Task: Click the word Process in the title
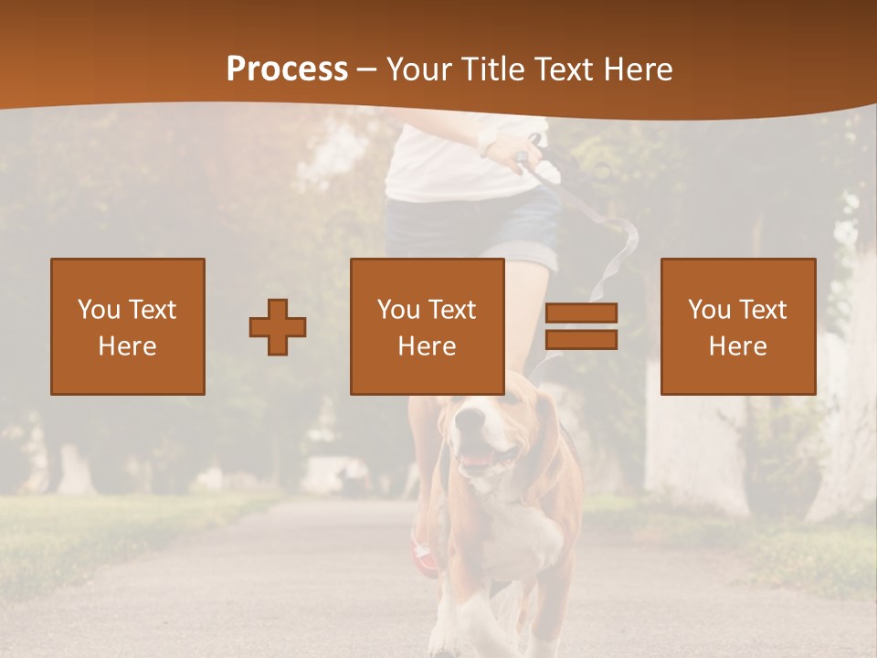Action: [x=287, y=69]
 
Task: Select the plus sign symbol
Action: [x=278, y=326]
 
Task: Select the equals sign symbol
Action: [x=581, y=326]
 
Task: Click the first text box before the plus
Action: [x=128, y=326]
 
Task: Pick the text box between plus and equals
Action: [x=427, y=326]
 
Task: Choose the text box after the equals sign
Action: [x=737, y=326]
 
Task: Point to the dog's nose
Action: [x=470, y=419]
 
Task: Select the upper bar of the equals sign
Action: [x=581, y=313]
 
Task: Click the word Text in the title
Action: [x=560, y=69]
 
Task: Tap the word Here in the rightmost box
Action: [x=737, y=346]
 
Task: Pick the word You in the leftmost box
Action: [x=98, y=310]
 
